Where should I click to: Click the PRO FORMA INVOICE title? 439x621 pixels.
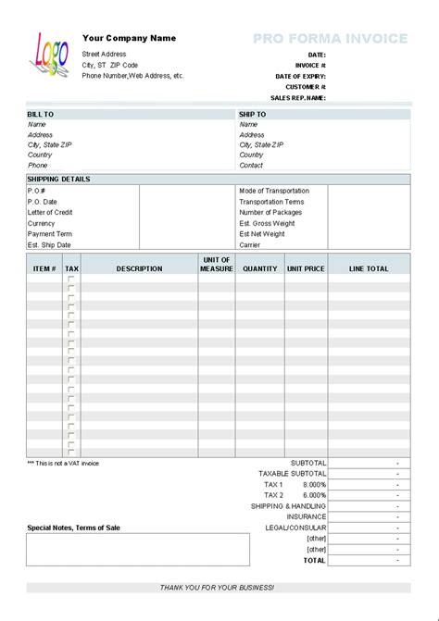(x=330, y=39)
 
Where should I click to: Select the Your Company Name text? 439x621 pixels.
(x=129, y=38)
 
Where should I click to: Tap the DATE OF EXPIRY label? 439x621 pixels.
(x=300, y=76)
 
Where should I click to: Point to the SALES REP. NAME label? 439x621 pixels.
(x=297, y=97)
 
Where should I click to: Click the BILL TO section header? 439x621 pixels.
(x=41, y=114)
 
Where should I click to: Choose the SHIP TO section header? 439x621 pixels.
(x=253, y=114)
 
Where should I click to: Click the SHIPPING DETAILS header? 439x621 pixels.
(x=58, y=179)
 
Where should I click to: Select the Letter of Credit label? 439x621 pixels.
(x=50, y=212)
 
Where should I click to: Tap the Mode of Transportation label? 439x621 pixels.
(x=274, y=191)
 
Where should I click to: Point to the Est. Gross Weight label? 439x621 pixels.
(x=267, y=223)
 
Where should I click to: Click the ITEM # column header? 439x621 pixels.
(x=44, y=268)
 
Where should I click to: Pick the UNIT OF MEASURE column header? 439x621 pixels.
(x=217, y=265)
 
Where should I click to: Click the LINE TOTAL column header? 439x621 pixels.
(x=369, y=268)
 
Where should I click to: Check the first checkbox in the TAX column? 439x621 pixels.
(x=71, y=280)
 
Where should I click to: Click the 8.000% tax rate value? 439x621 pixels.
(x=315, y=484)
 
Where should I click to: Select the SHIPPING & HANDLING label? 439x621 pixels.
(x=288, y=506)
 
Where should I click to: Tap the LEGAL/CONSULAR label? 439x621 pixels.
(x=296, y=528)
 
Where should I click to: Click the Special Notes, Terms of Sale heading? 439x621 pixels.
(x=73, y=528)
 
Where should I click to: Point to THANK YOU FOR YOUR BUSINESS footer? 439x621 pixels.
(x=217, y=587)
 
